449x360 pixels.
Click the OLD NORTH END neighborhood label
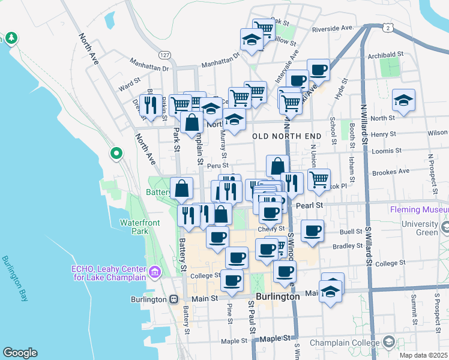(287, 136)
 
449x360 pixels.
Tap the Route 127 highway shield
(166, 55)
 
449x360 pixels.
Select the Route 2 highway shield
(389, 28)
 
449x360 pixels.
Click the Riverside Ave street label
(331, 28)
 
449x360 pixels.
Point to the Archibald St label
(385, 54)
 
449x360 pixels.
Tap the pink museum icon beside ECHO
(155, 272)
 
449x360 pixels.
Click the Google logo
(20, 353)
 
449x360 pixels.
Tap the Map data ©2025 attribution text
(423, 355)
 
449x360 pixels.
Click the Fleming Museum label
(419, 210)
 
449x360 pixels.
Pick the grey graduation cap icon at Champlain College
(389, 343)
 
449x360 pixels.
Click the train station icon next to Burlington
(173, 299)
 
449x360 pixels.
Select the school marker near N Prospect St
(404, 101)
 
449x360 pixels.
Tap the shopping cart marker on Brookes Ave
(319, 178)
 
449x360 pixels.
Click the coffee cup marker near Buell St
(312, 230)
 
